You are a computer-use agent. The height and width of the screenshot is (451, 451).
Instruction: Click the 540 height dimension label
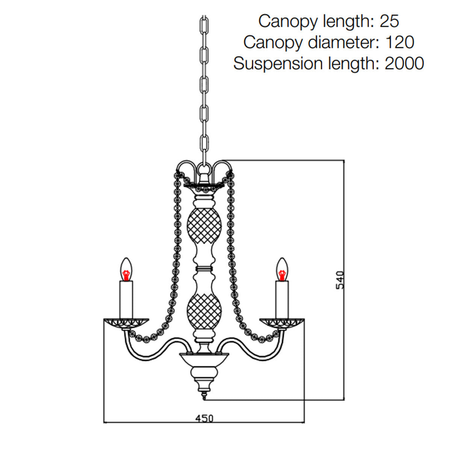[339, 280]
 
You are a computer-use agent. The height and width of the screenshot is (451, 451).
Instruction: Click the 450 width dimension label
[204, 418]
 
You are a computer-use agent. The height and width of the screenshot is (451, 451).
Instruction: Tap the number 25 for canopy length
[389, 21]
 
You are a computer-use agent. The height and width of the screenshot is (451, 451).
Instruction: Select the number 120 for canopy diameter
[400, 42]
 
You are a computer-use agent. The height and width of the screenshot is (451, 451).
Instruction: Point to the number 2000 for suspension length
[404, 63]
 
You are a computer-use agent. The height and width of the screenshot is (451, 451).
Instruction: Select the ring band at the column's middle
[204, 269]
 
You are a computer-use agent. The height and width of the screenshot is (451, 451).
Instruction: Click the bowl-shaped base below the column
[204, 361]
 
